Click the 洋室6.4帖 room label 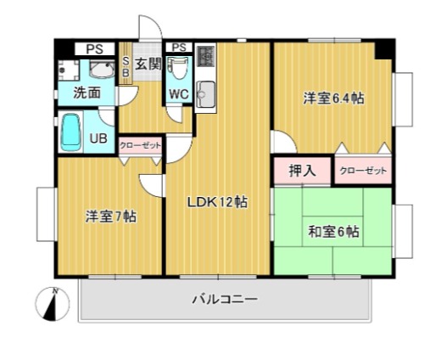[334, 98]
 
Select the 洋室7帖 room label [109, 216]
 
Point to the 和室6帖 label [332, 231]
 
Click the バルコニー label [224, 299]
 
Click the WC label [179, 93]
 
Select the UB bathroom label [98, 138]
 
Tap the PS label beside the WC [179, 47]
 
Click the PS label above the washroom [93, 49]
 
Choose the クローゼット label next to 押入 [363, 171]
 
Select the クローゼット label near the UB [139, 146]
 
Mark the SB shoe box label [126, 67]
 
